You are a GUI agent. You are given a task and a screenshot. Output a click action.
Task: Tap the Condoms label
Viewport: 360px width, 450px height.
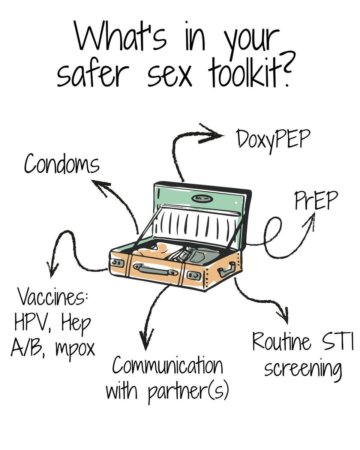pyautogui.click(x=62, y=164)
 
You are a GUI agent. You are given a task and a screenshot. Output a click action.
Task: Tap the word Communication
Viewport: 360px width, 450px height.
pyautogui.click(x=167, y=366)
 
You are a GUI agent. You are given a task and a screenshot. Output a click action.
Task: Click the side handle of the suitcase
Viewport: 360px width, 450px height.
pyautogui.click(x=227, y=268)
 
